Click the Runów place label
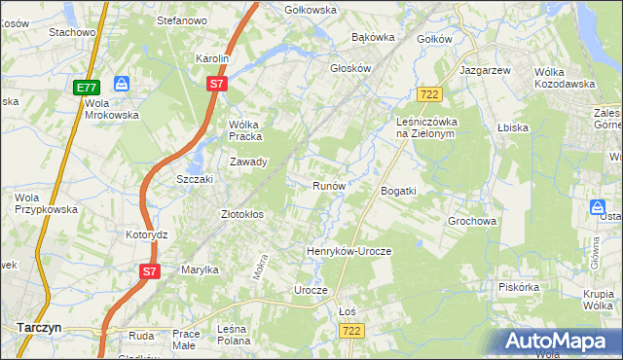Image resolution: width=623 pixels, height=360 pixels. pyautogui.click(x=329, y=186)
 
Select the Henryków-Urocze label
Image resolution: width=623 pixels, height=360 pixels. pyautogui.click(x=348, y=251)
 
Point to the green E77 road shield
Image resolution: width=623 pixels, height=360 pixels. pyautogui.click(x=85, y=88)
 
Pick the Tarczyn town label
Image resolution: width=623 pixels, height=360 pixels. pyautogui.click(x=39, y=328)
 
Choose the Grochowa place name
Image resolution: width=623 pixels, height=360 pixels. pyautogui.click(x=472, y=221)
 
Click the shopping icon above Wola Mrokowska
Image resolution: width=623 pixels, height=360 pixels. pyautogui.click(x=121, y=84)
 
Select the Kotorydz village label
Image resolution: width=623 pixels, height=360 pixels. pyautogui.click(x=147, y=235)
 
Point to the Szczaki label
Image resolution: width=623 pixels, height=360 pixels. pyautogui.click(x=194, y=180)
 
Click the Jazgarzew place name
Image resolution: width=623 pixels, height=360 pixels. pyautogui.click(x=485, y=72)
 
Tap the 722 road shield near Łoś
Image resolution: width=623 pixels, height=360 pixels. pyautogui.click(x=352, y=332)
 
